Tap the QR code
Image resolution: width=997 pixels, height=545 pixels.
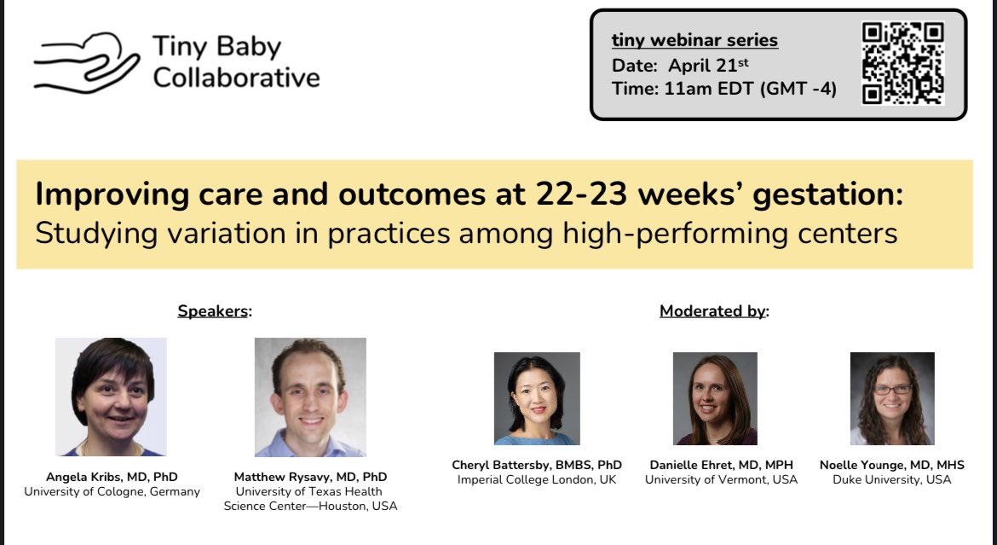[x=902, y=64]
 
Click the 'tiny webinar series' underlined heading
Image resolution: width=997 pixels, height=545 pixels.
[x=694, y=40]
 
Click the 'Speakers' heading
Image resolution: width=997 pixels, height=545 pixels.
[x=213, y=311]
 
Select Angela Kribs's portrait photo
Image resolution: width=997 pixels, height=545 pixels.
[x=111, y=397]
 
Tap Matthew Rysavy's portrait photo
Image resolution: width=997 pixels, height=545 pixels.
[x=310, y=397]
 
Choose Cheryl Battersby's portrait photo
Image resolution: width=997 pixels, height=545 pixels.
[x=537, y=398]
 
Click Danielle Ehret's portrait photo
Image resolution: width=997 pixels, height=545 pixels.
[x=715, y=398]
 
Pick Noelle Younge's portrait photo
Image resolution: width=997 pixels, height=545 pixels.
[x=892, y=398]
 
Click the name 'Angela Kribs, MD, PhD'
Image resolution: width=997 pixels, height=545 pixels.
[x=112, y=477]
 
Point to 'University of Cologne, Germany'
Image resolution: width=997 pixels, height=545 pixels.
[x=112, y=491]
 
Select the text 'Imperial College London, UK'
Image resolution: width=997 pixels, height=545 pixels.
[x=537, y=479]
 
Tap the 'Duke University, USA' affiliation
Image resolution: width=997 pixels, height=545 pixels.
[x=892, y=479]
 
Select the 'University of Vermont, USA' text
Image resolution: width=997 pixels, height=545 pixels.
[x=721, y=479]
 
